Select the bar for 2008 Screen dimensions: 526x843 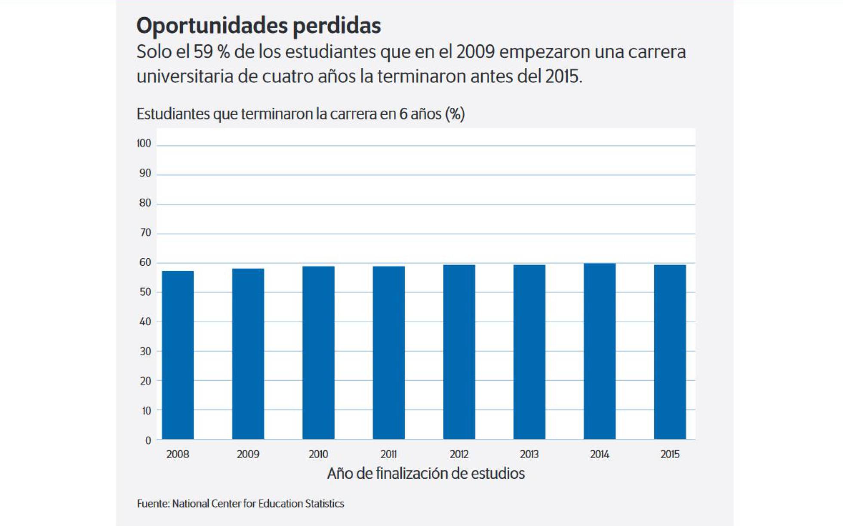(178, 355)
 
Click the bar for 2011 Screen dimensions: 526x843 (389, 352)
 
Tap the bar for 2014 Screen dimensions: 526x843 (600, 351)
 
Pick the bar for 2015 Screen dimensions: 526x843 (670, 352)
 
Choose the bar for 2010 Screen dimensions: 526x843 (318, 352)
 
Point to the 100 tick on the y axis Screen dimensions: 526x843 (144, 144)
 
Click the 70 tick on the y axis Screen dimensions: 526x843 (145, 233)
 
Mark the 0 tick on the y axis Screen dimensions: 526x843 (148, 440)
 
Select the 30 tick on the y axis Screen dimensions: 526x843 (145, 352)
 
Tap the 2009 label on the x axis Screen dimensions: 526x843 (248, 454)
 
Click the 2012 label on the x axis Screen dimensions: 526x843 (459, 454)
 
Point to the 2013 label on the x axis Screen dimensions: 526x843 (529, 454)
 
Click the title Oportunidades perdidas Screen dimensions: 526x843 (258, 25)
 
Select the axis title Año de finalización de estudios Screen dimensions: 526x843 (426, 474)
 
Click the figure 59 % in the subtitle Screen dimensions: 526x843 (212, 52)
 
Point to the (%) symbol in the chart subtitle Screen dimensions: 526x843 (455, 114)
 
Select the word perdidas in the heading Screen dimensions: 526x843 (337, 25)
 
